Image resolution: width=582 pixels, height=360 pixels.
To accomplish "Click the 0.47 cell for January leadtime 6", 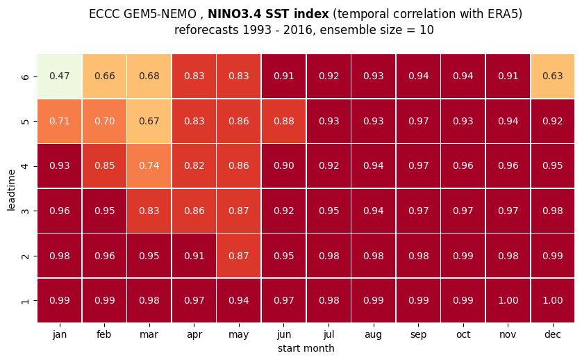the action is (x=60, y=76).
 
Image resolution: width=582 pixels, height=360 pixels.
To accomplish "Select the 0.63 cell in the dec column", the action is (x=553, y=76).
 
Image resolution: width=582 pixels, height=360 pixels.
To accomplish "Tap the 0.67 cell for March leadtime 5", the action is (x=149, y=121).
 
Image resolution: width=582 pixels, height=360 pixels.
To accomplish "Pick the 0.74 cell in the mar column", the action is (x=149, y=165).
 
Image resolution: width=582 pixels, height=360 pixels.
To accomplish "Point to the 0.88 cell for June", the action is (x=283, y=121).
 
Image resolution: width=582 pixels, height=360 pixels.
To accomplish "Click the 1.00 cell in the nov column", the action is (x=508, y=300).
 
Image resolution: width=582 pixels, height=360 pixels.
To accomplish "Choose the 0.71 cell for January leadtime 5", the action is (x=60, y=121).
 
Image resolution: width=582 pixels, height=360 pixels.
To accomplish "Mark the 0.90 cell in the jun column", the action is (x=283, y=165).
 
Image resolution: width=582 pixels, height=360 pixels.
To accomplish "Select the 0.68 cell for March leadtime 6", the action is (x=149, y=76).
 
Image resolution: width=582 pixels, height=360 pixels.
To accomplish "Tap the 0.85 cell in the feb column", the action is (x=104, y=165).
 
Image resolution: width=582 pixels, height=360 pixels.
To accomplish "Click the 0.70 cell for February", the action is (x=104, y=121).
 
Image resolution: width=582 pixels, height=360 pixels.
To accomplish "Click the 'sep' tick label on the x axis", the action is (x=418, y=335).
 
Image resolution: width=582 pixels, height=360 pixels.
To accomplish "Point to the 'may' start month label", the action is (x=239, y=335).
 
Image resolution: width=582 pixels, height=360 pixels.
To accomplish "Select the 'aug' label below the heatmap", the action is (x=374, y=335).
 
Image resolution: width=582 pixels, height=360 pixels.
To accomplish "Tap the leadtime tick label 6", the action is (x=25, y=77).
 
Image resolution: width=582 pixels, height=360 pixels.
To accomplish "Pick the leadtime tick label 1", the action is (x=25, y=301).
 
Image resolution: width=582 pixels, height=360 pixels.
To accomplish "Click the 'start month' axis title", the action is (x=306, y=348).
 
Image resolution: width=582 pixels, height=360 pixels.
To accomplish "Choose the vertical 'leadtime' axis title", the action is (x=11, y=190).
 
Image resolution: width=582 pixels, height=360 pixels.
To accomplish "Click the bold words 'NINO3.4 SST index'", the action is (x=268, y=14).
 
